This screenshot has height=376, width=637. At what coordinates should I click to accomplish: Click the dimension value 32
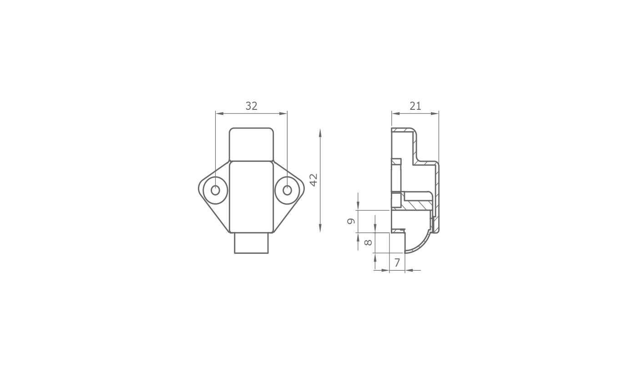(251, 106)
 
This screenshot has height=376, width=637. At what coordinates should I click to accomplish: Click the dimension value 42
(313, 180)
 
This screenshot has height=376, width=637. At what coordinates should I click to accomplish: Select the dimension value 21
(415, 106)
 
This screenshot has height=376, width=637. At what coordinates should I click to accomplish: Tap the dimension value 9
(351, 221)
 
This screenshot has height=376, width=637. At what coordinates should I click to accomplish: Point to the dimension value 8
(368, 242)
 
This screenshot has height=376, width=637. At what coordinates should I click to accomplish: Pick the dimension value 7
(397, 263)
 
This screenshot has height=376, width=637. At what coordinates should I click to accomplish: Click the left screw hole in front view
(216, 191)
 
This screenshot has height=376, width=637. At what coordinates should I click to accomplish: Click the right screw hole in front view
(288, 191)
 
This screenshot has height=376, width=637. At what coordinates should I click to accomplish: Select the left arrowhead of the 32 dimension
(219, 113)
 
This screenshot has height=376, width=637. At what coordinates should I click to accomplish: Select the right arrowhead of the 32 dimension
(283, 113)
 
